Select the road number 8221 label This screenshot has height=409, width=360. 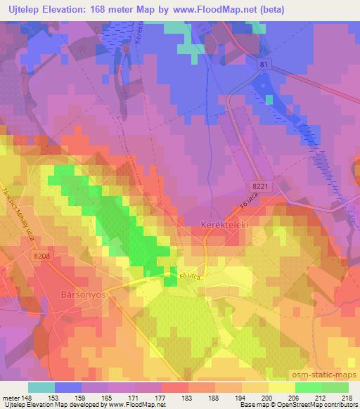(x=259, y=185)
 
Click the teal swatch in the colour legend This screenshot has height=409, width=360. (x=41, y=387)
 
